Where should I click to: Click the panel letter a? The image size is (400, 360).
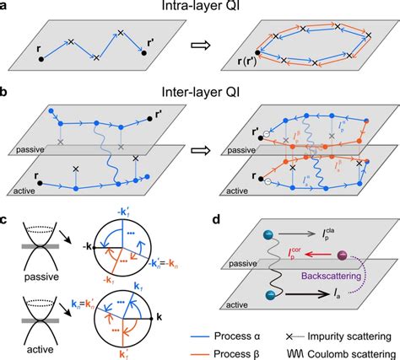(7, 8)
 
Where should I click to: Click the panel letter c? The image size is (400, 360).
(7, 221)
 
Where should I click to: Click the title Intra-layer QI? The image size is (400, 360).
(199, 8)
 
